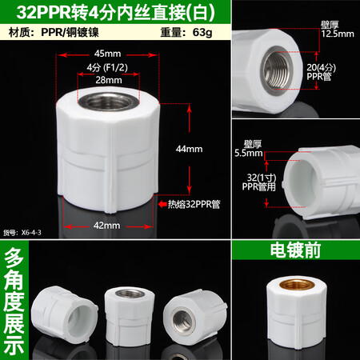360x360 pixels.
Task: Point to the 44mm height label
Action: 210,149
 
